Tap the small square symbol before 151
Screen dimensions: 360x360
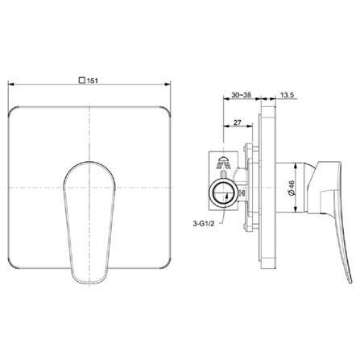pyautogui.click(x=82, y=80)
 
